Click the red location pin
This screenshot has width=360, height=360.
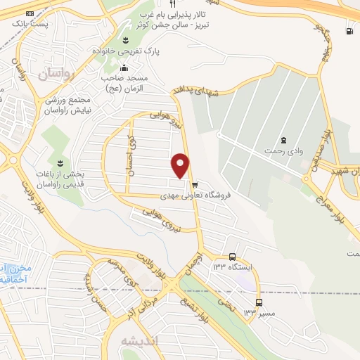click(181, 165)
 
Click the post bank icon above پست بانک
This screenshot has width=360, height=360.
click(29, 13)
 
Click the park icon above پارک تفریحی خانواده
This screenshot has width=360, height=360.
click(125, 40)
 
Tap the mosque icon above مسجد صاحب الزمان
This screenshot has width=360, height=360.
click(124, 68)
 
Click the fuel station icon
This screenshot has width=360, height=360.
click(349, 30)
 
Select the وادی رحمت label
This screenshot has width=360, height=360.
click(283, 151)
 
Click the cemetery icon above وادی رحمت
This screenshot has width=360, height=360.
click(283, 140)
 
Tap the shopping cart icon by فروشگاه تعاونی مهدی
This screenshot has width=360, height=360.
click(195, 186)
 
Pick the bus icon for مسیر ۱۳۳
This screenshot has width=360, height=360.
click(259, 302)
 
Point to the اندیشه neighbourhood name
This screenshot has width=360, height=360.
click(141, 341)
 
